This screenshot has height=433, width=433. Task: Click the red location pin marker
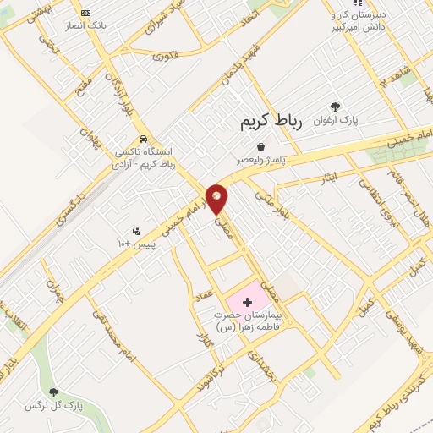217,199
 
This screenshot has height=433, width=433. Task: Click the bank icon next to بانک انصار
86,14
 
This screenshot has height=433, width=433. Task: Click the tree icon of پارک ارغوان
336,107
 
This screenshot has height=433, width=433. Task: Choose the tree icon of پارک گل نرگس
54,392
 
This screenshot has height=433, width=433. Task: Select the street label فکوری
165,57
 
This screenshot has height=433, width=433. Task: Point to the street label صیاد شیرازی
169,20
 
